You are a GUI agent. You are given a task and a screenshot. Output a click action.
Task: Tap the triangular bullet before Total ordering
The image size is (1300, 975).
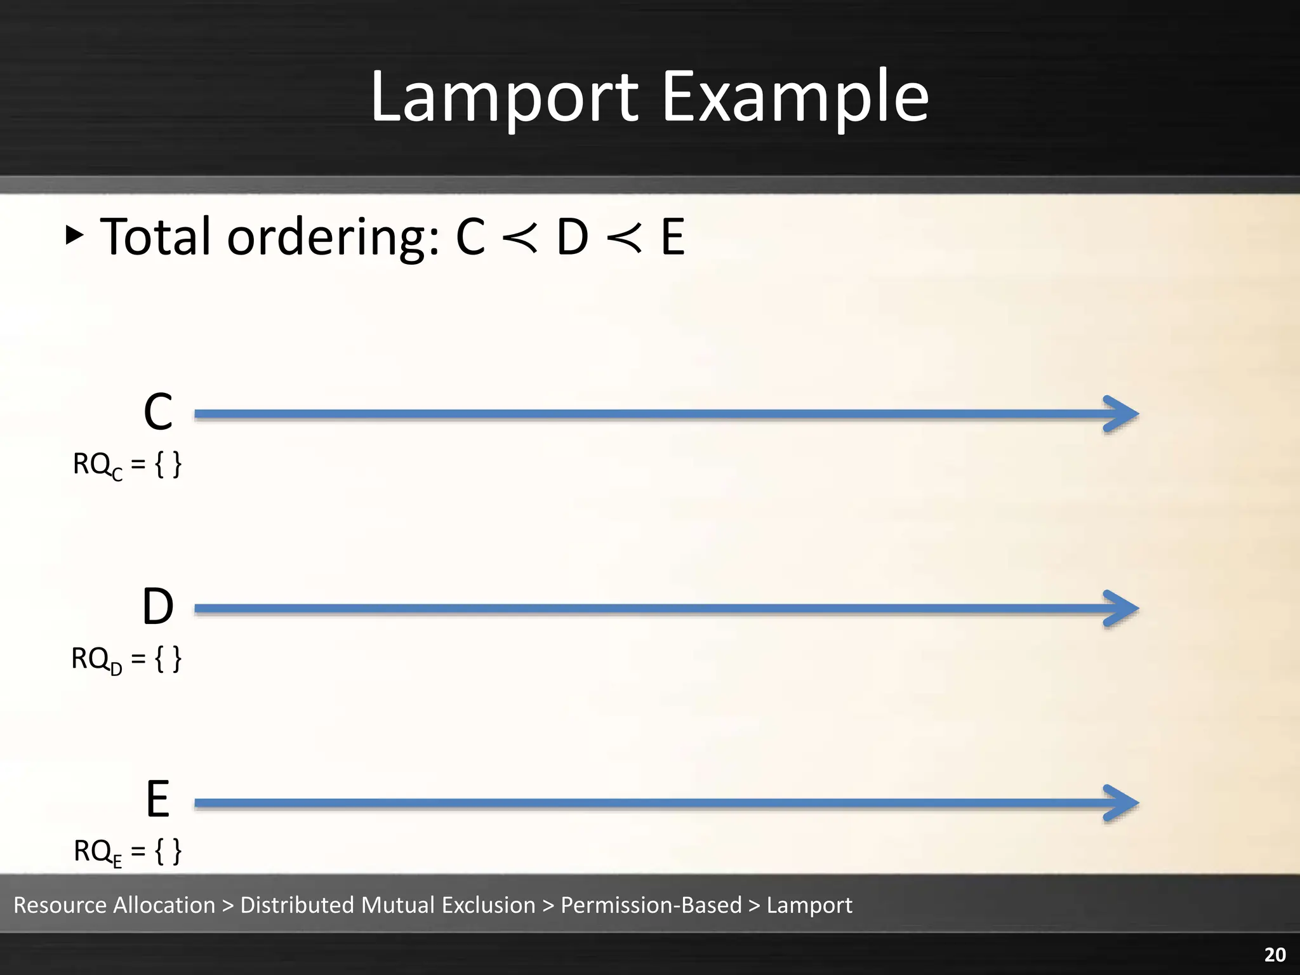pos(74,235)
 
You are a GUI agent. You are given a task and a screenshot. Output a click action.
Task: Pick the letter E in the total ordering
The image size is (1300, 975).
pos(673,237)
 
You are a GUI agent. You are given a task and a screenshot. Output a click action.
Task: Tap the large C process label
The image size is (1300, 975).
pos(158,412)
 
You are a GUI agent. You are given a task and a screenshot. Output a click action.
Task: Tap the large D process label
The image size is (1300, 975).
pos(158,607)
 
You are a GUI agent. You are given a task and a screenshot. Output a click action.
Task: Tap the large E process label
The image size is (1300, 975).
pos(158,799)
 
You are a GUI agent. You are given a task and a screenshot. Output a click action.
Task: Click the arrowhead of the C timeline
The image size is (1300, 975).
pos(1122,415)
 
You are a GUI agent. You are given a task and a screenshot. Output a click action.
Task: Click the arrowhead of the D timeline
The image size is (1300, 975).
pos(1122,609)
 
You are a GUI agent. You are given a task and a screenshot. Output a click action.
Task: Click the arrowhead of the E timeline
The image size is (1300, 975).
pos(1122,803)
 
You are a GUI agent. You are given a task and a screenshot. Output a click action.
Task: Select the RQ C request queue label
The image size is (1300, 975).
pos(127,465)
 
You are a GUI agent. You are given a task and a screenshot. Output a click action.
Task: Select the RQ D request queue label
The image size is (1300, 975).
pos(126,660)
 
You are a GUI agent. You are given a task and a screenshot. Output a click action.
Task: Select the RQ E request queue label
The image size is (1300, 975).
pos(128,852)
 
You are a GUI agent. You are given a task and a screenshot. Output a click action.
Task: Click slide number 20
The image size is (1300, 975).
pos(1275,955)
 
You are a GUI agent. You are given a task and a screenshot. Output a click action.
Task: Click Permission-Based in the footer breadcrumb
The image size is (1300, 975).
pos(651,905)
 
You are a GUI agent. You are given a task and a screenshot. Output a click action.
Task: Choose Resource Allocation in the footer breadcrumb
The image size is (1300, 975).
pos(115,905)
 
